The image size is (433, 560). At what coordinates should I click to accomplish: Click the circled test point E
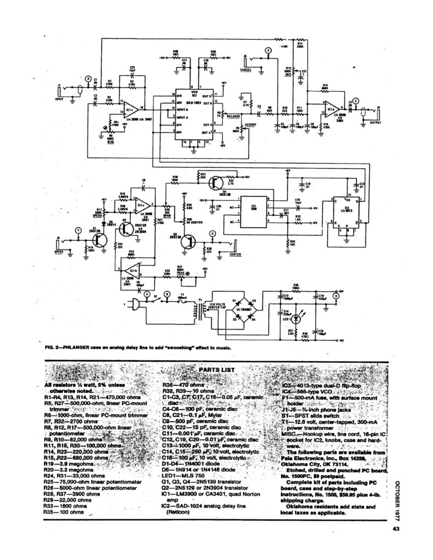pos(356,101)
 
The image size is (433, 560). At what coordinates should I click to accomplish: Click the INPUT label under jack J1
pos(60,100)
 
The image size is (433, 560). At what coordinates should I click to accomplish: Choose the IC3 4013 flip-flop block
pos(344,210)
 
